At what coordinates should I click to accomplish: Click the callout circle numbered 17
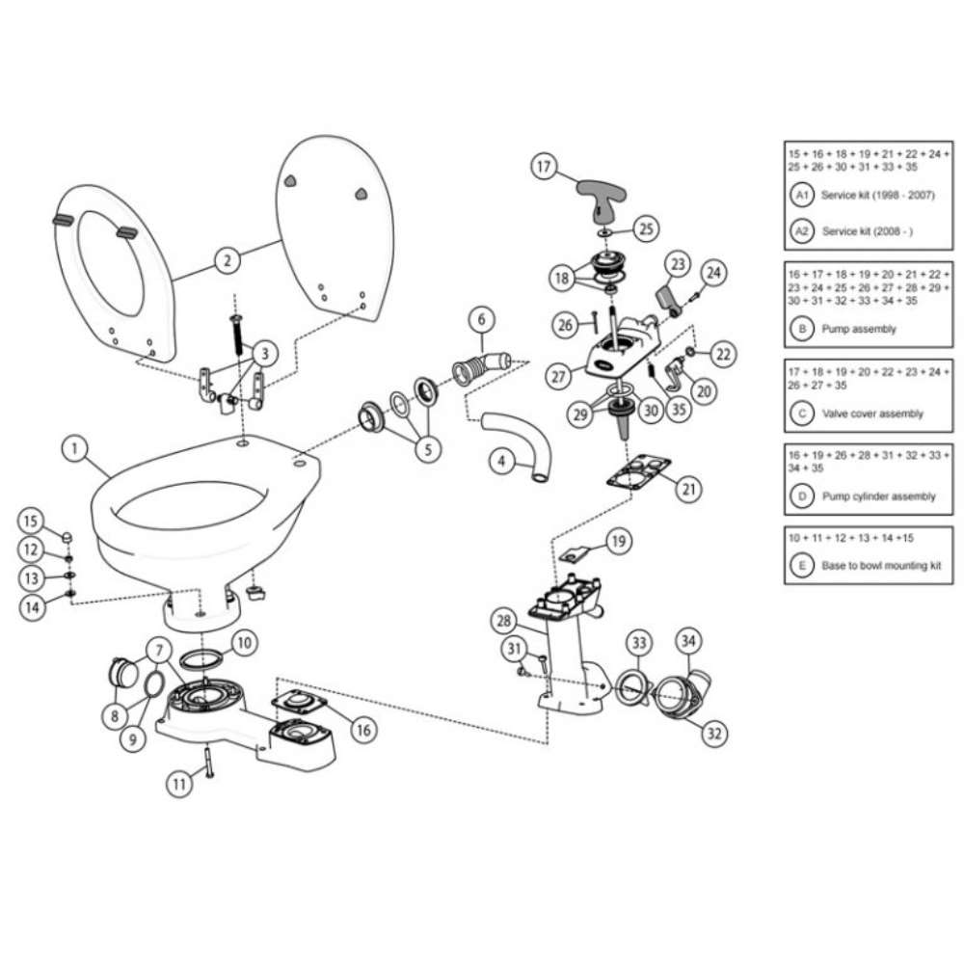[x=545, y=167]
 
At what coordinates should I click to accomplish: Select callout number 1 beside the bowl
[x=73, y=448]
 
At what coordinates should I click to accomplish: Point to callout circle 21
[x=687, y=489]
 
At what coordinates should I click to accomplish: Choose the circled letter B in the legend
[x=801, y=328]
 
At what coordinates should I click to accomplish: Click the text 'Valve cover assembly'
[x=871, y=414]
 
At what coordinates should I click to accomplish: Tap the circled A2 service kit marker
[x=801, y=231]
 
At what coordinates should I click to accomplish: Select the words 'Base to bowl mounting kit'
[x=881, y=566]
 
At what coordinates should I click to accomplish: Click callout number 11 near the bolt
[x=177, y=785]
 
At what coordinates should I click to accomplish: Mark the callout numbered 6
[x=482, y=319]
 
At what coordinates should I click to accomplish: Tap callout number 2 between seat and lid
[x=226, y=259]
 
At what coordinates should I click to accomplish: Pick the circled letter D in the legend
[x=801, y=495]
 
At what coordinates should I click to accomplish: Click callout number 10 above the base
[x=243, y=641]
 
